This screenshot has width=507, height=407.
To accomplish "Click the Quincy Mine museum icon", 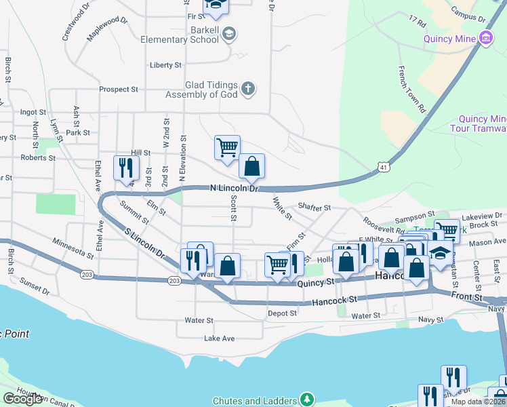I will [486, 39].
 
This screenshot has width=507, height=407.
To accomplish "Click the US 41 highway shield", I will [384, 166].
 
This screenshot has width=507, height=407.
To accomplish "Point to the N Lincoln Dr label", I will [235, 187].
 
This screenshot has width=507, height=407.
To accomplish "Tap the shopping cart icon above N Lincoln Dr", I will [227, 146].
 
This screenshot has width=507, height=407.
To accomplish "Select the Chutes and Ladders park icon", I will [308, 399].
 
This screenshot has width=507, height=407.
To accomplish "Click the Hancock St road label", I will [334, 299].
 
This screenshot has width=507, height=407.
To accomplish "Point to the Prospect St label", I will [118, 89].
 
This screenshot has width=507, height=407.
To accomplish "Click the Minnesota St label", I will [73, 247].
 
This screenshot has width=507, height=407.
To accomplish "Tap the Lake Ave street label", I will [219, 338].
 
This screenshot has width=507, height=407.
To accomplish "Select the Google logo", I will [23, 399].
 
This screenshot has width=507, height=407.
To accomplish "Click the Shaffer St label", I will [313, 208].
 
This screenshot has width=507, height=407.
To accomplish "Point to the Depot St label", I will [282, 313].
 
